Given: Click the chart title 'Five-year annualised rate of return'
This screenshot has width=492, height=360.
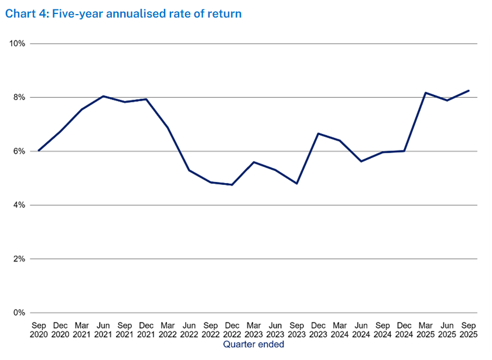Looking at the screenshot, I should click(123, 13).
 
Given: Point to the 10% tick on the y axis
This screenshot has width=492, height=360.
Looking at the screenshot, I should click(16, 44).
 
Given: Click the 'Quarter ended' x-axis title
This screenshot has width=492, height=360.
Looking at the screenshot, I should click(254, 345).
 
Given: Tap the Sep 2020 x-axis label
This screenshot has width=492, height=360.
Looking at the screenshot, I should click(39, 328).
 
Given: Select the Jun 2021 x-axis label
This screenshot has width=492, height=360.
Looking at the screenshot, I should click(103, 328).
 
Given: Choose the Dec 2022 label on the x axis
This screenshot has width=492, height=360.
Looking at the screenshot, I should click(233, 328).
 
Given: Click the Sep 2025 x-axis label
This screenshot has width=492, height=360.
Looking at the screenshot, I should click(469, 328).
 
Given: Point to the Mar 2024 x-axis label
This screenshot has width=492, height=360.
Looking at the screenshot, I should click(340, 328).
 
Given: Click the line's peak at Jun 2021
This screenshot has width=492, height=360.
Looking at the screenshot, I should click(103, 96).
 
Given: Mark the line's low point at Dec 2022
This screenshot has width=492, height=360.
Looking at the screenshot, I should click(233, 185).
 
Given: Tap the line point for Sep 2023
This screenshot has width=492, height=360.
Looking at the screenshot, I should click(297, 184).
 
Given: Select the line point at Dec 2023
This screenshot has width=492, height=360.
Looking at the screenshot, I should click(319, 133).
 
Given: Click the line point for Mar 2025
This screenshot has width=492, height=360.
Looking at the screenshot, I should click(426, 92).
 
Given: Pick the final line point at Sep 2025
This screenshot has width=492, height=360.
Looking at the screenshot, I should click(469, 91).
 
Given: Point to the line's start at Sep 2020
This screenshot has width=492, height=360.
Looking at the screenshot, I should click(39, 150).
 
